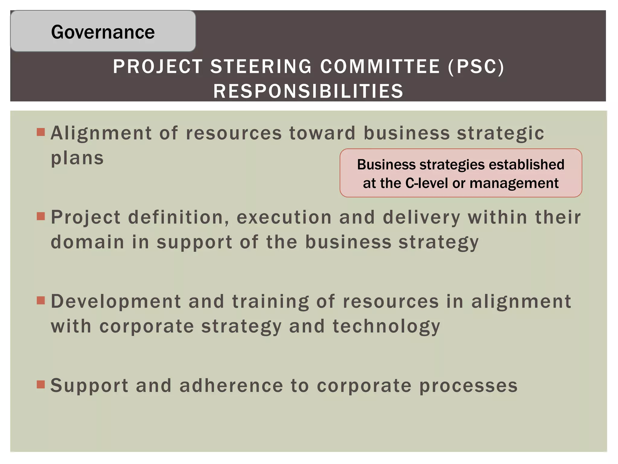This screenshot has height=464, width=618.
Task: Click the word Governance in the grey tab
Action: [103, 32]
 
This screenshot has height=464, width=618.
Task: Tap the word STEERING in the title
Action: [261, 66]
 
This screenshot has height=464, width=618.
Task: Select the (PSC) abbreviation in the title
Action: [476, 66]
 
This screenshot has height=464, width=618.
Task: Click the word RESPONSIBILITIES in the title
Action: [308, 91]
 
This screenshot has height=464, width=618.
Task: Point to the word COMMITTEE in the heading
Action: [380, 66]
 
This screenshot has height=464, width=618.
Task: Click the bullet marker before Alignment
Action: [41, 132]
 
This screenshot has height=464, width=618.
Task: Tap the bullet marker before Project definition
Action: [41, 216]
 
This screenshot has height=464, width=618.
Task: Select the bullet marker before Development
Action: [41, 300]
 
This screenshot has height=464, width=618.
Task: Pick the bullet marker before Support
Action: [41, 385]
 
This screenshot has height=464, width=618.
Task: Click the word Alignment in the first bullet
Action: [101, 133]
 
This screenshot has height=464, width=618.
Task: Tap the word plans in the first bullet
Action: [77, 158]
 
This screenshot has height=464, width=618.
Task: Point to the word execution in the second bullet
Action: [284, 217]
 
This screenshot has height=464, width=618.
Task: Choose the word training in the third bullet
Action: [270, 302]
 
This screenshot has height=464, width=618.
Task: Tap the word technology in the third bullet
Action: [386, 327]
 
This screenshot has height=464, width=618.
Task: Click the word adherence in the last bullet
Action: [231, 386]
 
